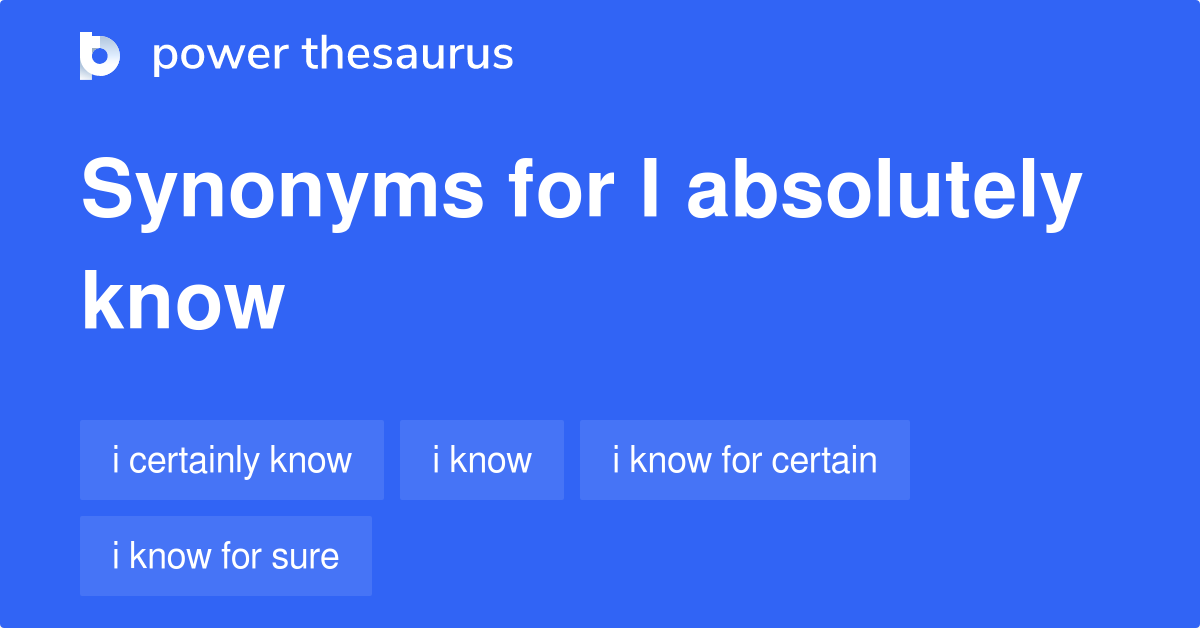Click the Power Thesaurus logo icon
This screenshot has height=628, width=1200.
100,55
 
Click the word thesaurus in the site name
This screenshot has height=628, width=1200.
408,55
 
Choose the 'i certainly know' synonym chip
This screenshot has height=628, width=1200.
232,460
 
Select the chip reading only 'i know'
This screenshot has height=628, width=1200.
482,460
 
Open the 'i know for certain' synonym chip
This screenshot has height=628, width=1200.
745,460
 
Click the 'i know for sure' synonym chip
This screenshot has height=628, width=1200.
226,556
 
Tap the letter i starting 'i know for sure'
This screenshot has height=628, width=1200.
116,556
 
